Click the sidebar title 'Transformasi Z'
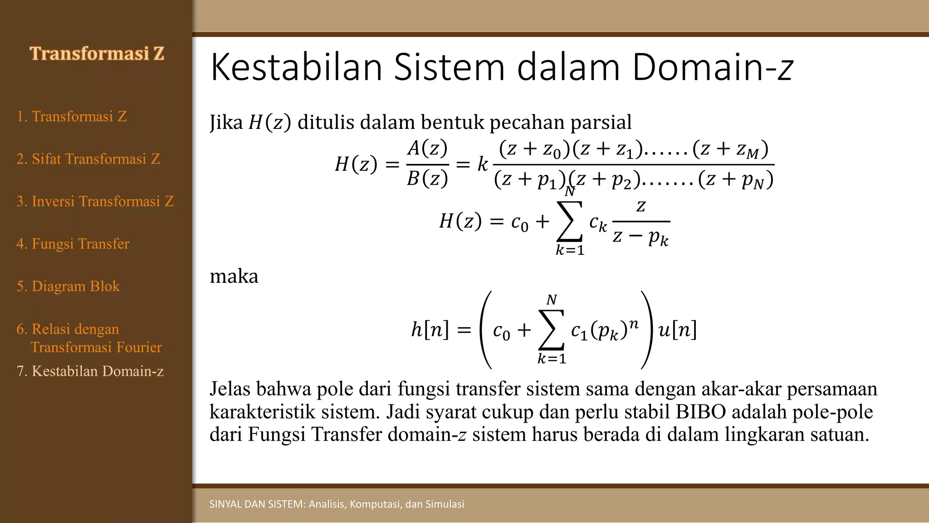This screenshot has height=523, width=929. click(x=97, y=54)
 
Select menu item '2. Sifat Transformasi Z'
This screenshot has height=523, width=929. click(x=88, y=159)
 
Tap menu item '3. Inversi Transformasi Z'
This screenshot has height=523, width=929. click(x=95, y=201)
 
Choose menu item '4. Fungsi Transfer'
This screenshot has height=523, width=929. click(x=73, y=244)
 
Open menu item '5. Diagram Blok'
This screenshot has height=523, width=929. click(x=68, y=286)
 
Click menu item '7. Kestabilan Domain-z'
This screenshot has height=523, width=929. click(x=90, y=371)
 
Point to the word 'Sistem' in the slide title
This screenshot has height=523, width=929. click(x=449, y=67)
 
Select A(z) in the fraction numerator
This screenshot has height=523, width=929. click(x=427, y=148)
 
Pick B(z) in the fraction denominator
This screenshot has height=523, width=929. click(x=427, y=179)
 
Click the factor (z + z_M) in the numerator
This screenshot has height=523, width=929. click(x=730, y=149)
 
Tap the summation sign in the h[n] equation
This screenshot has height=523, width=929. click(x=552, y=330)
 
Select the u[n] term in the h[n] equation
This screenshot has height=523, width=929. click(x=677, y=330)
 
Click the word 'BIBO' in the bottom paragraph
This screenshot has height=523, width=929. click(x=701, y=412)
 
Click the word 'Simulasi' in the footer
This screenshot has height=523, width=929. click(x=445, y=504)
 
